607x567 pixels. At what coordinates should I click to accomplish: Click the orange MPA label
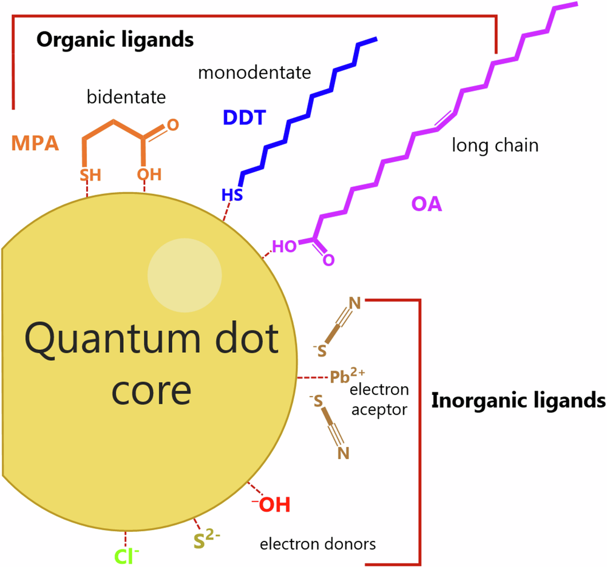pyautogui.click(x=35, y=144)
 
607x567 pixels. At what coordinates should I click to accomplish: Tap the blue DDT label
pyautogui.click(x=245, y=117)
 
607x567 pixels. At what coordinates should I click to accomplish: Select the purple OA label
pyautogui.click(x=426, y=204)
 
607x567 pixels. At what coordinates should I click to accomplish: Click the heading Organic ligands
pyautogui.click(x=115, y=41)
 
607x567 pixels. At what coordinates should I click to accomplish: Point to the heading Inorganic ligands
pyautogui.click(x=518, y=400)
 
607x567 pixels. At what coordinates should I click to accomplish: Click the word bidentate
pyautogui.click(x=126, y=96)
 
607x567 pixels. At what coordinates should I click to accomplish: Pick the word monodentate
pyautogui.click(x=254, y=73)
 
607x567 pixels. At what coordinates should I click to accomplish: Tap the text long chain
pyautogui.click(x=495, y=146)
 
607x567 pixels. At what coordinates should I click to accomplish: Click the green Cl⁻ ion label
pyautogui.click(x=127, y=555)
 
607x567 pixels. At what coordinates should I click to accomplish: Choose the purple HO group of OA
pyautogui.click(x=283, y=247)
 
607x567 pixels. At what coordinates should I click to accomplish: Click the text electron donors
pyautogui.click(x=317, y=544)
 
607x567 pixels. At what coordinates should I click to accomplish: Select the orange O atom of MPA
pyautogui.click(x=173, y=126)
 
